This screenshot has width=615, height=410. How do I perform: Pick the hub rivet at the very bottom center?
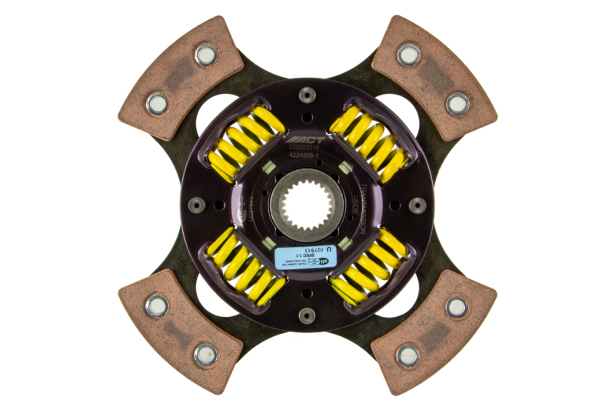coord(307,315)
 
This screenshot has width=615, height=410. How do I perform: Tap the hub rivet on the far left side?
coord(198,205)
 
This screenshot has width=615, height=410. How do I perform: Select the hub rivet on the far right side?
coord(417,205)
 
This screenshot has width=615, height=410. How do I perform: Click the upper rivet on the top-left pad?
coord(205,54)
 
